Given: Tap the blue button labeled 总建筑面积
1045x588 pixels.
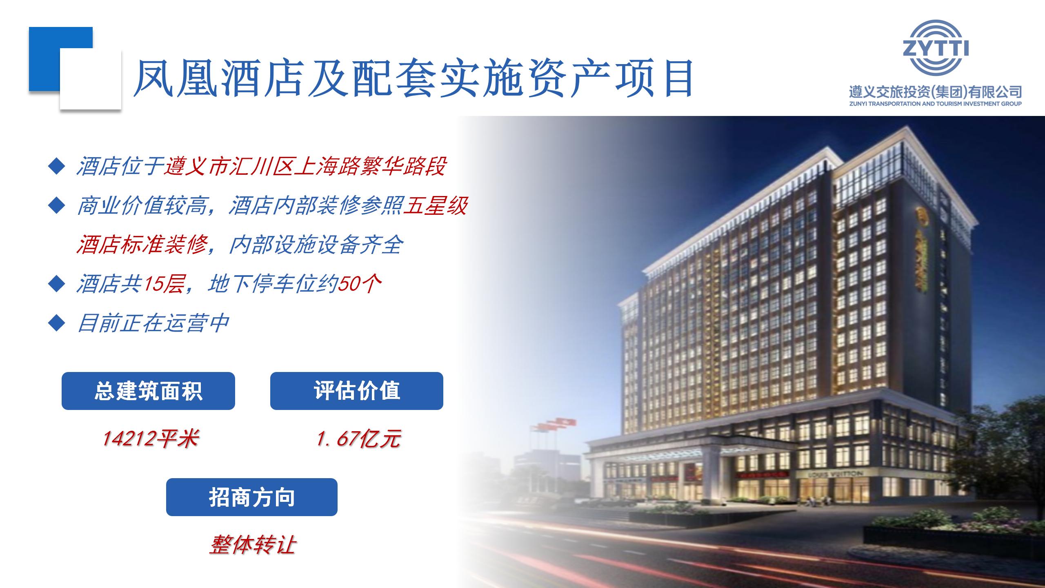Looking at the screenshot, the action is pyautogui.click(x=148, y=391).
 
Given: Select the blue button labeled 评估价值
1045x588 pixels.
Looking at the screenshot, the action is pyautogui.click(x=356, y=391).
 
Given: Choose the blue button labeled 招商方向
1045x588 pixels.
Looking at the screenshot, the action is pyautogui.click(x=251, y=497).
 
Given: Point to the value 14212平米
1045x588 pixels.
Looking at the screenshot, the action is pyautogui.click(x=150, y=439).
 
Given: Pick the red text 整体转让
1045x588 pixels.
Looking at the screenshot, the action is pyautogui.click(x=252, y=545).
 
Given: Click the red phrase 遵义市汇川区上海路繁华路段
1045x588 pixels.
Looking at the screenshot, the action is pyautogui.click(x=305, y=166).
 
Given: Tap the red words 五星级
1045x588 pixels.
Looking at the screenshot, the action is pyautogui.click(x=435, y=205).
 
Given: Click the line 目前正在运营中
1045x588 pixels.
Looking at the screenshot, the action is pyautogui.click(x=152, y=323).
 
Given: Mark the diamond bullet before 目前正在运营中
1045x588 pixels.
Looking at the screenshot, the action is pyautogui.click(x=56, y=323).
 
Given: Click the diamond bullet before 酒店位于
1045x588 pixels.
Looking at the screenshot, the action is pyautogui.click(x=56, y=166).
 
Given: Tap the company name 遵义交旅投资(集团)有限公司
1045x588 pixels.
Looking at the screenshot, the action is pyautogui.click(x=935, y=91).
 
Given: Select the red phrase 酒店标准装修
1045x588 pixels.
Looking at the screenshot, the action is pyautogui.click(x=141, y=245).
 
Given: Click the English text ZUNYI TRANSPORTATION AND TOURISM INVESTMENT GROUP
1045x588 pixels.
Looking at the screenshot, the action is pyautogui.click(x=935, y=104).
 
